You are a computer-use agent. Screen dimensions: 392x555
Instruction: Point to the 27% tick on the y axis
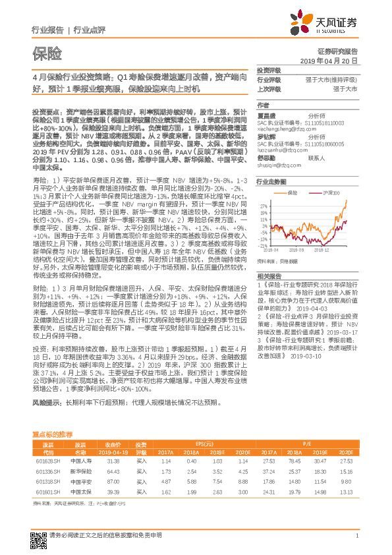point(264,198)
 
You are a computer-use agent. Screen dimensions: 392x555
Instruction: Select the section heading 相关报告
point(269,275)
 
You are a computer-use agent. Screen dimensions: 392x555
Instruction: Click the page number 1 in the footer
point(356,542)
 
